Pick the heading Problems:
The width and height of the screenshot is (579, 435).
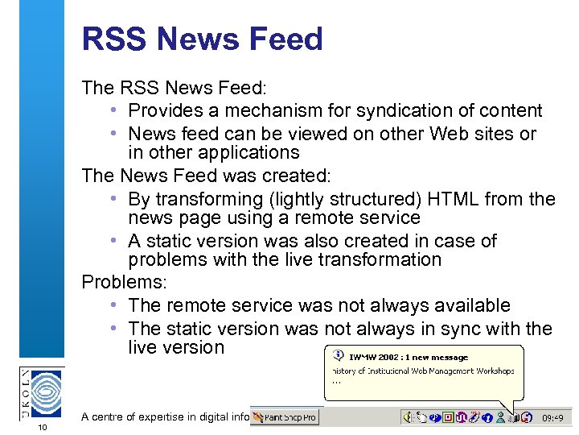121,282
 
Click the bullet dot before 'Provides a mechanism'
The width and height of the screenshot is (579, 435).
116,110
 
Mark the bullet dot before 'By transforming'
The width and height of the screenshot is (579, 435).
116,198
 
